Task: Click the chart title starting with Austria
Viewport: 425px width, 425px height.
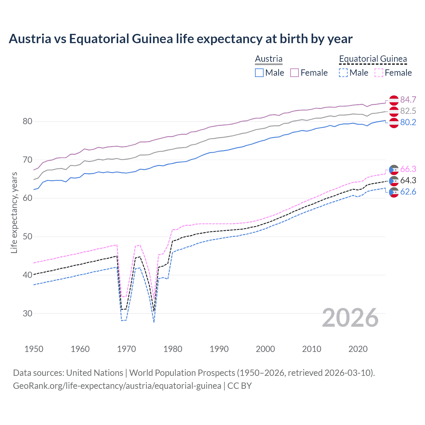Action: tap(180, 39)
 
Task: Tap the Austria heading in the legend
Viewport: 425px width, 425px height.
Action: tap(269, 59)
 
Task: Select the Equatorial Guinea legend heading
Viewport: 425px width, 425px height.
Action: tap(373, 59)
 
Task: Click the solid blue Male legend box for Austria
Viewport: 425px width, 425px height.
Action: tap(259, 73)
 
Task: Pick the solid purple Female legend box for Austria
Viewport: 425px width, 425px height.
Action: tap(295, 73)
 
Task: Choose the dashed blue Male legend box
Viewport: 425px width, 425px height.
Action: tap(343, 73)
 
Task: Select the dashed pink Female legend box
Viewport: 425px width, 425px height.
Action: tap(379, 73)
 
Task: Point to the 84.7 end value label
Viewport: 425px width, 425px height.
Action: tap(408, 100)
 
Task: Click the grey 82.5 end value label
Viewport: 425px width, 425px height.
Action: tap(408, 111)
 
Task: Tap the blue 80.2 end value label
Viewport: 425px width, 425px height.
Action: tap(408, 122)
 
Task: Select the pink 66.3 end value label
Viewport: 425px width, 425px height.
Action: tap(408, 169)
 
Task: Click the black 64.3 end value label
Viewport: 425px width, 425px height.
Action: tap(408, 180)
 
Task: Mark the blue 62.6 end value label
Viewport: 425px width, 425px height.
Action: tap(408, 192)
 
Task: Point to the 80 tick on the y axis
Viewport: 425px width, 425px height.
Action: tap(28, 122)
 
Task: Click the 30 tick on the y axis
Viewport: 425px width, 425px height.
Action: tap(28, 313)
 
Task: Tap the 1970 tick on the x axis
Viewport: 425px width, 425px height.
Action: tap(127, 349)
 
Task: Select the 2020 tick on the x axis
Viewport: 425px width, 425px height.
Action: tap(358, 349)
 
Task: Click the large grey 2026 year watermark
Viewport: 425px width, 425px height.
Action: tap(350, 318)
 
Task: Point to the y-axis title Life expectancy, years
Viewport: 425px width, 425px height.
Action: tap(14, 212)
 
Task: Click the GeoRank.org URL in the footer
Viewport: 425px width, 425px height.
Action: tap(117, 386)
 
